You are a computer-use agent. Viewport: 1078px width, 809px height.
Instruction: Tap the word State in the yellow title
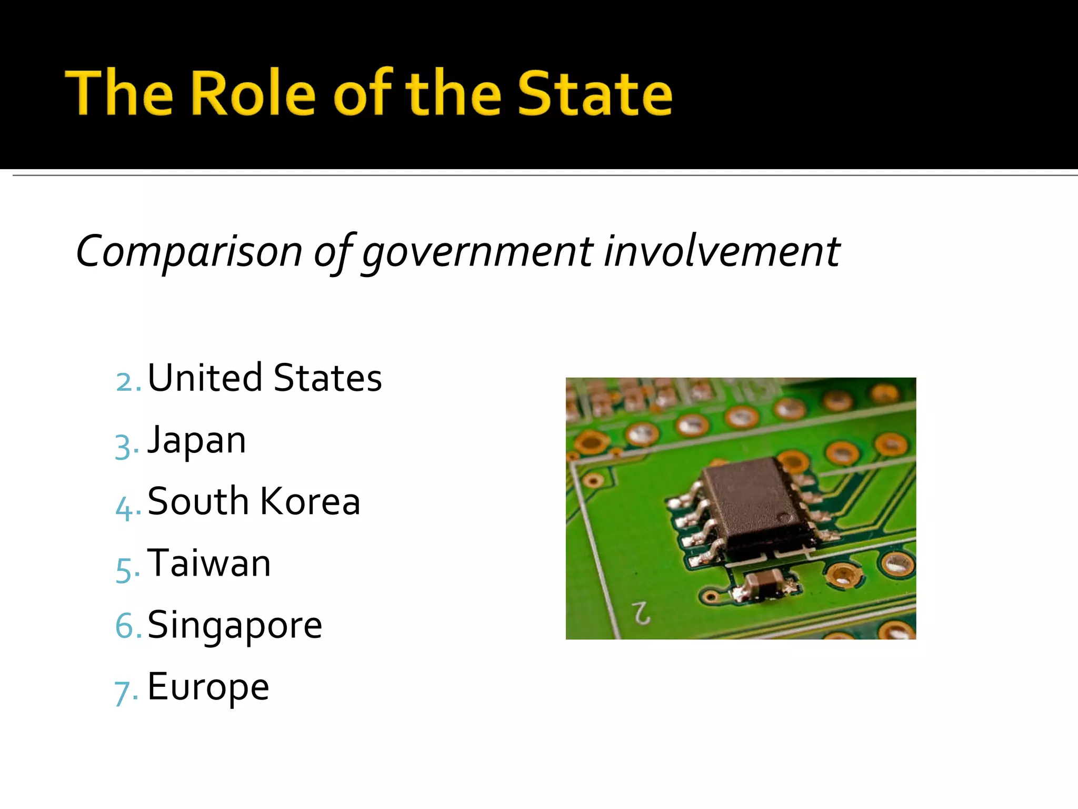(595, 93)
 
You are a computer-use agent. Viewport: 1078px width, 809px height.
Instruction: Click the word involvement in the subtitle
(721, 251)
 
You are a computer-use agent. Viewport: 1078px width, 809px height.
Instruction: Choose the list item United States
(264, 378)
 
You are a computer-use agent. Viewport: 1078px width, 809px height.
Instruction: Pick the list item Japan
(196, 441)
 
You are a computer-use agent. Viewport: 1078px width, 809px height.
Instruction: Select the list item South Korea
(254, 501)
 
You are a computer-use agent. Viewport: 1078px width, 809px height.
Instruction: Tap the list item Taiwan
(209, 563)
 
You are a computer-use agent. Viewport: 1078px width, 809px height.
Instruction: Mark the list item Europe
(208, 687)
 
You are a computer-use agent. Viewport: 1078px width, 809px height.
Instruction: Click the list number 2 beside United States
(126, 382)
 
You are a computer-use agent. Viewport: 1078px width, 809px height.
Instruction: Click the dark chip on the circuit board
(753, 503)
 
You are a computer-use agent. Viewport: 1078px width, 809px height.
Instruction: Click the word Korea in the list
(310, 501)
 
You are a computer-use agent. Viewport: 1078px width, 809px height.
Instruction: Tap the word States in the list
(327, 378)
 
